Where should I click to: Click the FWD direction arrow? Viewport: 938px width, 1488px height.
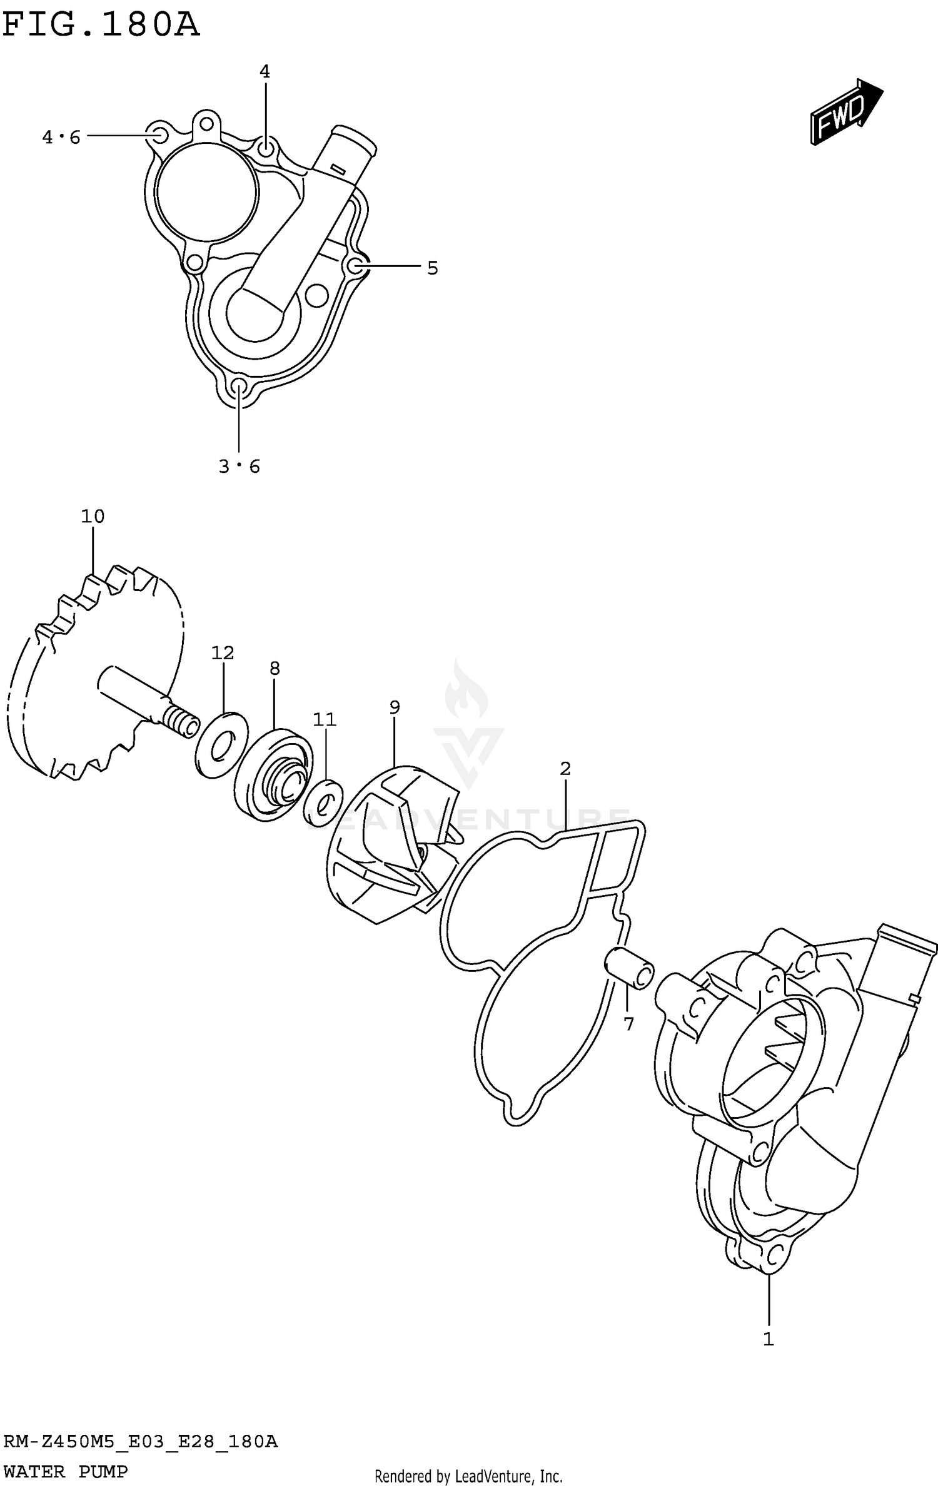click(845, 113)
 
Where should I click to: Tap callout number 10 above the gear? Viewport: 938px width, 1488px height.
click(93, 517)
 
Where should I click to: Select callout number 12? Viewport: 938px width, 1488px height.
click(222, 653)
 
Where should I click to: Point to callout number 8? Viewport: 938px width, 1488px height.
click(275, 668)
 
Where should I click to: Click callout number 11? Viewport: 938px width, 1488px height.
click(325, 720)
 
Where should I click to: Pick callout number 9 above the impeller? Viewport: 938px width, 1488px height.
click(395, 707)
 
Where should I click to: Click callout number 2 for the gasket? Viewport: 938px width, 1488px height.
click(565, 768)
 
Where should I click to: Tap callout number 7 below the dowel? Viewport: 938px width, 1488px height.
click(628, 1024)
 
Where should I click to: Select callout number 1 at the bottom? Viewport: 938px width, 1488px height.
click(769, 1340)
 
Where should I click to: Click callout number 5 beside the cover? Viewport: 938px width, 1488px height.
click(433, 268)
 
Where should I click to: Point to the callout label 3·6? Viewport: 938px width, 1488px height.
click(239, 467)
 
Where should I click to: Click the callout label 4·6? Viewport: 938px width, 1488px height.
click(61, 137)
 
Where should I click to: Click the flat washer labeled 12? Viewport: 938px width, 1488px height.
click(221, 744)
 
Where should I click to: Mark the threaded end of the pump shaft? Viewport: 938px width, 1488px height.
click(181, 722)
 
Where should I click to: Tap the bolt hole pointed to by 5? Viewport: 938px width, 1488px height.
click(355, 266)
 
